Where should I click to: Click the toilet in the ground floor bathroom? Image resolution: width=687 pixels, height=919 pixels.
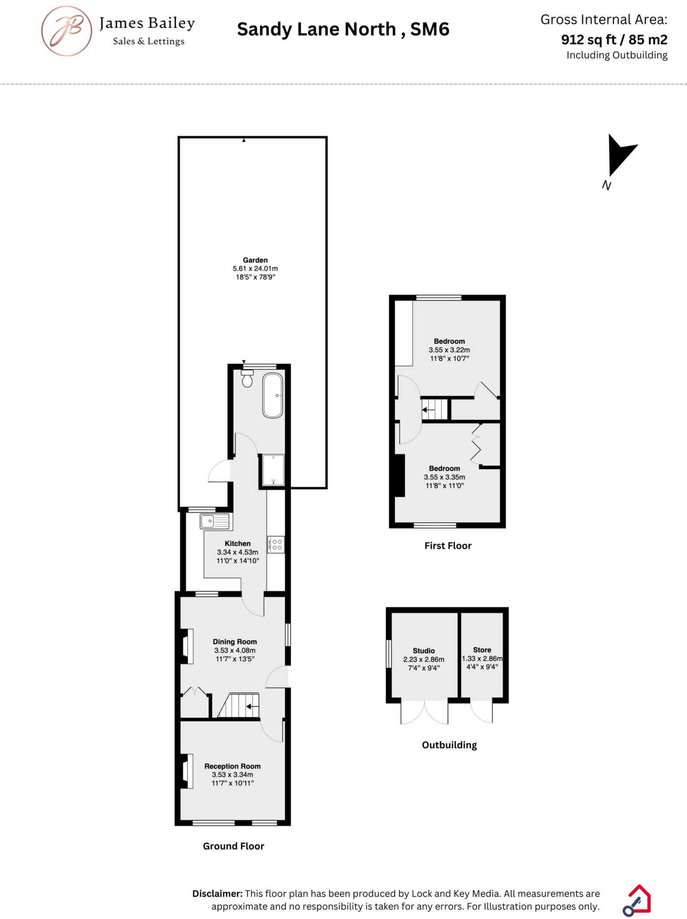[x=247, y=379]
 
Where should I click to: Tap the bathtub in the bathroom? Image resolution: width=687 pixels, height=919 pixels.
[x=273, y=395]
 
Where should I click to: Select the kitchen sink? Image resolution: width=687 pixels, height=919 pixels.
[x=215, y=521]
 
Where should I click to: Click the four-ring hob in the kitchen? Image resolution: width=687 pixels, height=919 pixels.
[x=277, y=545]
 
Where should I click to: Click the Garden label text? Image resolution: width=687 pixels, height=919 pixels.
[x=255, y=260]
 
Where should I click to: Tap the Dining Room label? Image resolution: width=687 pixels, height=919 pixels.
[x=235, y=642]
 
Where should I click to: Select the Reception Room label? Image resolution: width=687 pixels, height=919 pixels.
[x=232, y=766]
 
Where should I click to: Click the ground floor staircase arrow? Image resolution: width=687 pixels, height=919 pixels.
[x=252, y=706]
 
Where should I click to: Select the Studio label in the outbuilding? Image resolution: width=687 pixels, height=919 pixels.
[x=424, y=651]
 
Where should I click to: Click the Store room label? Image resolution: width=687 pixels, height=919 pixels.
[x=482, y=650]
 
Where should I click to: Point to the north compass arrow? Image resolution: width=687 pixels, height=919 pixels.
[x=619, y=154]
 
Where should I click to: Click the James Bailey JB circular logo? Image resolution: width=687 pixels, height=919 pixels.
[x=67, y=31]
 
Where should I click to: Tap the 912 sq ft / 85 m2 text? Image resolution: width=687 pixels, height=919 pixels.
[x=614, y=39]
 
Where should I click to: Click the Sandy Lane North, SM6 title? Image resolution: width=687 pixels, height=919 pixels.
[x=343, y=30]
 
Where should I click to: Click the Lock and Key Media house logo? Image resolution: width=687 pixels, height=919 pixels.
[x=637, y=900]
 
